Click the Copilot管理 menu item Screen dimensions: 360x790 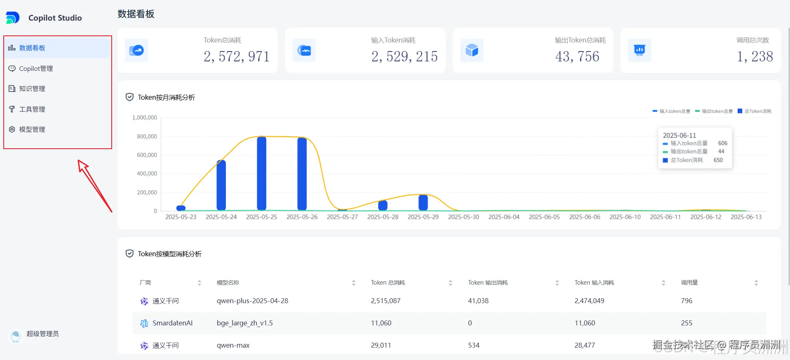pyautogui.click(x=36, y=68)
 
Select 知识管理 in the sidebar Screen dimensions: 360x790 pyautogui.click(x=32, y=89)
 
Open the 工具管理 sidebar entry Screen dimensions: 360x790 pyautogui.click(x=32, y=109)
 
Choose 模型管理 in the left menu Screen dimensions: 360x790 pyautogui.click(x=32, y=129)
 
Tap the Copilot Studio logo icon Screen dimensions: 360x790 pyautogui.click(x=12, y=18)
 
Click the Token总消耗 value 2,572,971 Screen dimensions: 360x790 pyautogui.click(x=236, y=56)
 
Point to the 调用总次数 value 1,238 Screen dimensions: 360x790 pyautogui.click(x=755, y=56)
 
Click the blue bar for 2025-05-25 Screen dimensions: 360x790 pyautogui.click(x=262, y=173)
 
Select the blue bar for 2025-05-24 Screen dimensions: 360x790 pyautogui.click(x=221, y=185)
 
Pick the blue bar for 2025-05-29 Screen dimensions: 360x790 pyautogui.click(x=423, y=202)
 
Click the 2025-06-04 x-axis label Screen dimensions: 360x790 pyautogui.click(x=504, y=217)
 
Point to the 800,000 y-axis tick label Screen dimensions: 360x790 pyautogui.click(x=147, y=136)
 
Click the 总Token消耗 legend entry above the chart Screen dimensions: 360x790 pyautogui.click(x=755, y=111)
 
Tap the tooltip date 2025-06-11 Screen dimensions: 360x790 pyautogui.click(x=679, y=135)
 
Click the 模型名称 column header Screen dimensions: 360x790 pyautogui.click(x=228, y=283)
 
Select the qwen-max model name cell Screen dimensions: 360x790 pyautogui.click(x=233, y=345)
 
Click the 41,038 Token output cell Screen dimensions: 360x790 pyautogui.click(x=478, y=301)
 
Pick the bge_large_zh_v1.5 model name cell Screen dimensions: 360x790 pyautogui.click(x=245, y=323)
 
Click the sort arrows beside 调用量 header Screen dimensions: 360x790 pyautogui.click(x=756, y=283)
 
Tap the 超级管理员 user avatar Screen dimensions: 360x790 pyautogui.click(x=16, y=335)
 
